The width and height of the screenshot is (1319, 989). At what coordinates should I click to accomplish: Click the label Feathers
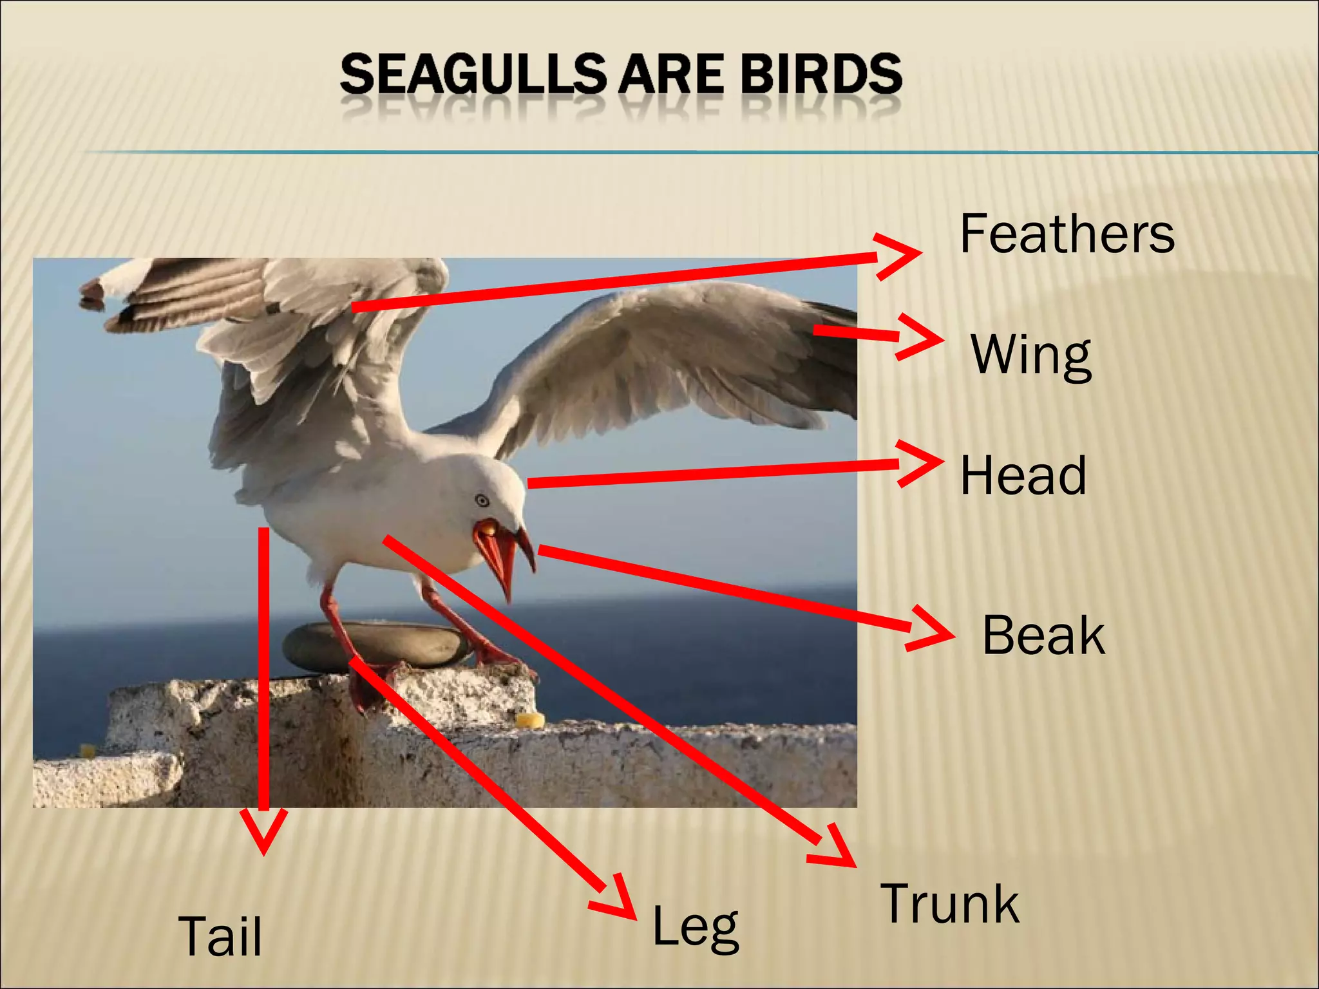pos(1067,234)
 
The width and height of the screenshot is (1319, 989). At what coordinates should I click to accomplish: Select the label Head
pos(1023,475)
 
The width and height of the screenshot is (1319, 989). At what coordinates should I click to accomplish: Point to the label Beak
pos(1043,635)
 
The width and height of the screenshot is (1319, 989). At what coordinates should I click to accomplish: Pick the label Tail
pos(220,936)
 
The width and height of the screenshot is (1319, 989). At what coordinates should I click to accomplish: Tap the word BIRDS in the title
pos(821,73)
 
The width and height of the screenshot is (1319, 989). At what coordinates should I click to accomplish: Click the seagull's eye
pos(481,500)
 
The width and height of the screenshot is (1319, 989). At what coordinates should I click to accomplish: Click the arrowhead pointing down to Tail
pos(263,833)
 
